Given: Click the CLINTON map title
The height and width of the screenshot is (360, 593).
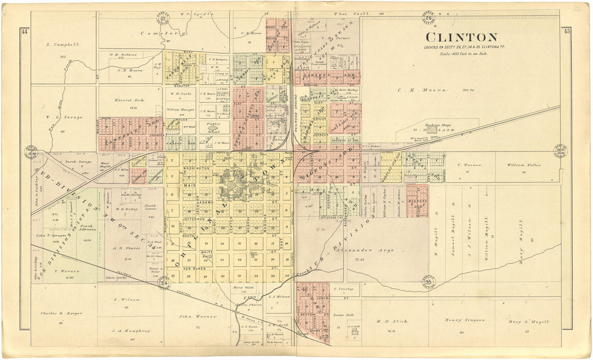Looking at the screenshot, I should tap(461, 37).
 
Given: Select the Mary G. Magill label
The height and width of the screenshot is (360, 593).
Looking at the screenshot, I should tap(528, 322).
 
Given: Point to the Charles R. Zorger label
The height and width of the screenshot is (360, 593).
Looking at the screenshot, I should tap(59, 313).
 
